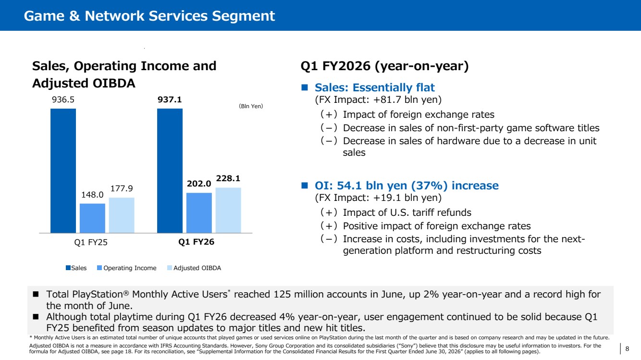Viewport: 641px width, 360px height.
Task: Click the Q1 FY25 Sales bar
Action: [x=63, y=171]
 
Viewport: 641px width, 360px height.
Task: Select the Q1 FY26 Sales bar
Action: [x=170, y=171]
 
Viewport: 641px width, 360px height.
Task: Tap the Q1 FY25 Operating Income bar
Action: [x=92, y=218]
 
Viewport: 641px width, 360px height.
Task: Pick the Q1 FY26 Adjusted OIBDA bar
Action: [x=228, y=210]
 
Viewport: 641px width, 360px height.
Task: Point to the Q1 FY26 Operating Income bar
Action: [x=199, y=212]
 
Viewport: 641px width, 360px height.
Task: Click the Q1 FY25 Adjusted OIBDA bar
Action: [x=122, y=215]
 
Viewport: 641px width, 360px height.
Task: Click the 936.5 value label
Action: [x=63, y=99]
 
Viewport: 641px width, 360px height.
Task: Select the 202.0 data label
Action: [x=199, y=184]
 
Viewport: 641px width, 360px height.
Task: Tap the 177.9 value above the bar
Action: [x=122, y=188]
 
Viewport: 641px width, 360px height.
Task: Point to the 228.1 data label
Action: [x=228, y=179]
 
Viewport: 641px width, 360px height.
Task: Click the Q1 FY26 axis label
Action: [x=197, y=242]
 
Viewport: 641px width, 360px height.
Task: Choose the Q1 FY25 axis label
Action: [x=91, y=242]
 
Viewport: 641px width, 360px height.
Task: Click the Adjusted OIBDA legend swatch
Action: [x=170, y=268]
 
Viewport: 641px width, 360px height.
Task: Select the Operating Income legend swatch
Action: [x=99, y=268]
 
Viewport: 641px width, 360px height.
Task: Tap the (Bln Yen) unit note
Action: [x=251, y=106]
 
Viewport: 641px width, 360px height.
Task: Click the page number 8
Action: [x=627, y=348]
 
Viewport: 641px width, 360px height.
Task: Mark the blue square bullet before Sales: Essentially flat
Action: [x=305, y=87]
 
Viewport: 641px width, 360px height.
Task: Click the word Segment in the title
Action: [x=244, y=16]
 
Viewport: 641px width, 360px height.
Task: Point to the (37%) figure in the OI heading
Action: [x=429, y=186]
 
